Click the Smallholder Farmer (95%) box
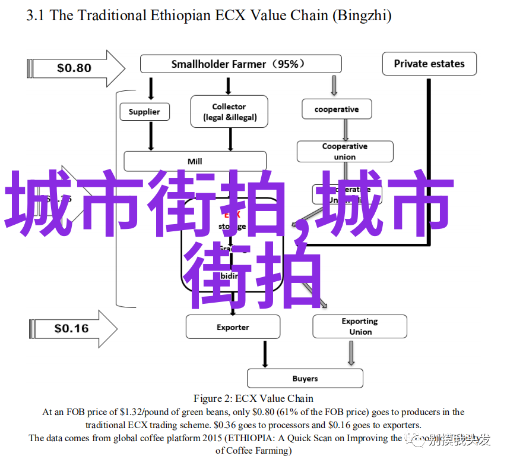[240, 64]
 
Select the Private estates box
[429, 64]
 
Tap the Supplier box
[144, 112]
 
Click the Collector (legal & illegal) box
[229, 112]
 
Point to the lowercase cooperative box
[337, 109]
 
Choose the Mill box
[195, 161]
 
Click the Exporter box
[233, 327]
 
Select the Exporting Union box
[360, 326]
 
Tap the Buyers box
[305, 378]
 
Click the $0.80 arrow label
[75, 68]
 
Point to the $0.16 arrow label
[72, 328]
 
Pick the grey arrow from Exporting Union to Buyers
[351, 354]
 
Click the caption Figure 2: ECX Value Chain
[253, 398]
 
